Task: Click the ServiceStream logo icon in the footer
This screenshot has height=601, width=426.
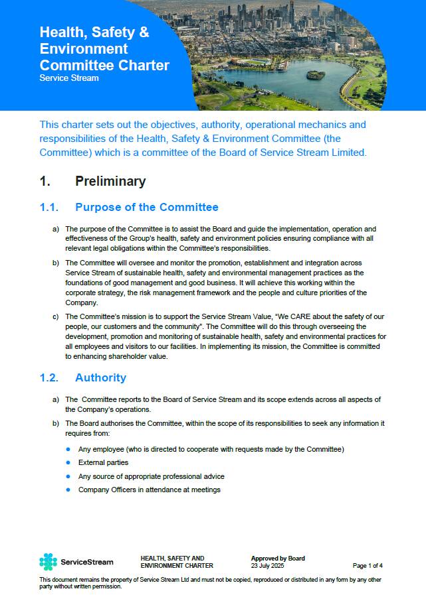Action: (x=49, y=562)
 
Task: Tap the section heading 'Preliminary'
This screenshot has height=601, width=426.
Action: (x=110, y=181)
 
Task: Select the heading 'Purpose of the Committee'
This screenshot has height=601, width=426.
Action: (x=147, y=208)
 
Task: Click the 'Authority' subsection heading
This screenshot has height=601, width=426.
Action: (x=100, y=377)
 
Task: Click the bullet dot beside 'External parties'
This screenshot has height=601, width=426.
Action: (x=68, y=462)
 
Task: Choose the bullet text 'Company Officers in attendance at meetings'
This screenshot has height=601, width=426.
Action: (x=149, y=490)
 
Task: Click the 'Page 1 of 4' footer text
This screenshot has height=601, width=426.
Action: (x=368, y=566)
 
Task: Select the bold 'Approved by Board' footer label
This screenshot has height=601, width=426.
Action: (x=278, y=559)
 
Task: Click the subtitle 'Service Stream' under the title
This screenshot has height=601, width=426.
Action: (x=69, y=78)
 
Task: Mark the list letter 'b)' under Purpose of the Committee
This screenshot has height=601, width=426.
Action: (x=56, y=263)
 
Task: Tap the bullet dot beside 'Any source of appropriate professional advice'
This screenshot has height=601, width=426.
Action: (x=68, y=476)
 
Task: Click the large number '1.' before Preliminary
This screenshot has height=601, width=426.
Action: (x=45, y=181)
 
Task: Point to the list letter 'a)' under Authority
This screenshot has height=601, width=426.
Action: (x=56, y=399)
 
